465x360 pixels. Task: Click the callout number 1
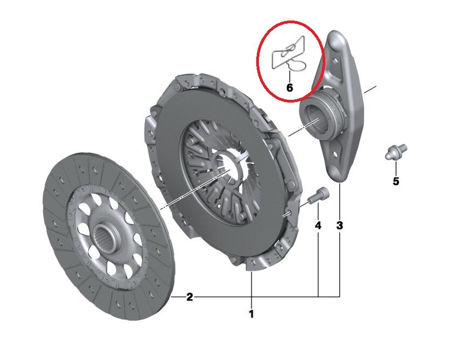(251, 313)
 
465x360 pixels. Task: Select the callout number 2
(189, 297)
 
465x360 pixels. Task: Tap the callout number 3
(339, 225)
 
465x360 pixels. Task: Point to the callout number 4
(318, 225)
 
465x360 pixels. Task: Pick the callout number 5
(395, 181)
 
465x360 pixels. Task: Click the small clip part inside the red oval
(289, 54)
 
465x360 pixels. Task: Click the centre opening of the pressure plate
(229, 165)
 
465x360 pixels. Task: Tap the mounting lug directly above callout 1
(252, 264)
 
